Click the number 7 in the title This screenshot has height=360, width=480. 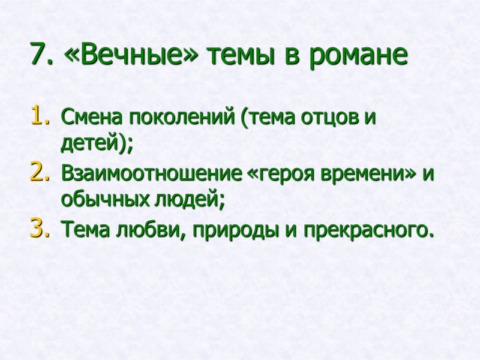point(37,55)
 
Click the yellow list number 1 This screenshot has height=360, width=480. point(37,115)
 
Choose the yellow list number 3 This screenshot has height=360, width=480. point(37,229)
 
